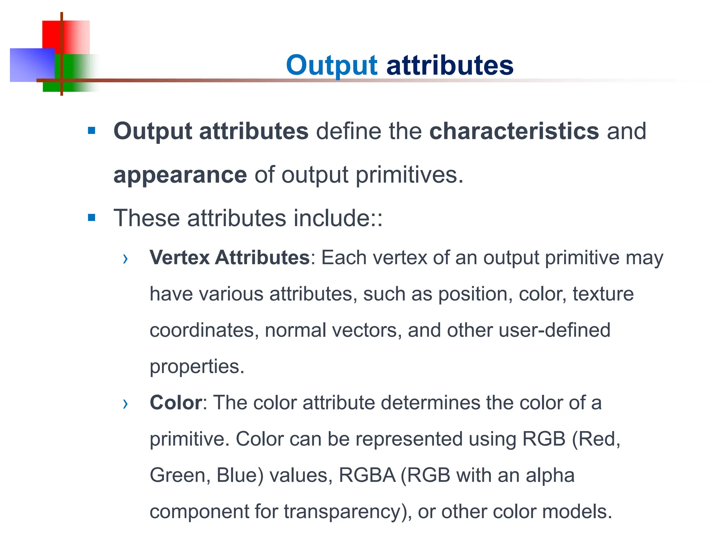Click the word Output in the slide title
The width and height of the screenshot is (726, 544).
pos(332,66)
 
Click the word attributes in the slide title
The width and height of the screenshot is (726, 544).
pos(449,66)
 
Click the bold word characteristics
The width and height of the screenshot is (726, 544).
pos(514,131)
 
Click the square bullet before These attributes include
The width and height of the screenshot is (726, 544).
pos(92,217)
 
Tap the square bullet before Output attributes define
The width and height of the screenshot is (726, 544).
pos(92,131)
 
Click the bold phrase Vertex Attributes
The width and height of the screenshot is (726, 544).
pos(230,257)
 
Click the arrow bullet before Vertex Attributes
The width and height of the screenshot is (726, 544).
pos(125,259)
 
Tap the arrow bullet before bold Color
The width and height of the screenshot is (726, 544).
pos(125,403)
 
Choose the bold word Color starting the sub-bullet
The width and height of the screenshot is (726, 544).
pos(176,403)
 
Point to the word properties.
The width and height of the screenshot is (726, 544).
pos(197,367)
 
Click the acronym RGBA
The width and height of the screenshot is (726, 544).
pos(367,475)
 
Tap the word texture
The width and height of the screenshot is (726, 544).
pos(603,294)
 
